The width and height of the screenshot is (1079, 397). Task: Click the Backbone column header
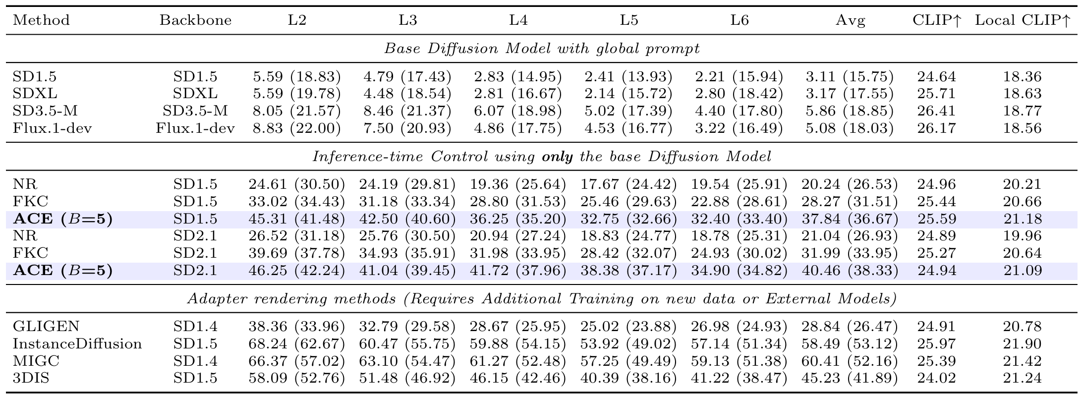coord(195,20)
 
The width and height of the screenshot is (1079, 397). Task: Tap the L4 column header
coord(518,20)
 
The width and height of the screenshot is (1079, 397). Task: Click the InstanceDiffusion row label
coord(77,344)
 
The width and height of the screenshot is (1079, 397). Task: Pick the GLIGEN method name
coord(46,327)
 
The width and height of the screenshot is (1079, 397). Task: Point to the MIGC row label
coord(36,361)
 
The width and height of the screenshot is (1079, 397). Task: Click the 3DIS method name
coord(31,379)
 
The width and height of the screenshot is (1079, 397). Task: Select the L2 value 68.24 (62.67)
coord(296,344)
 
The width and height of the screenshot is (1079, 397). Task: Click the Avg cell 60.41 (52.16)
coord(850,361)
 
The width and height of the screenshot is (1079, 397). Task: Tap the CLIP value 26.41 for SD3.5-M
coord(936,111)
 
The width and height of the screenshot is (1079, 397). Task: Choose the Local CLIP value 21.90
coord(1022,344)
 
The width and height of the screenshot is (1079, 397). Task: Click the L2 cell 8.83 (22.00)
coord(296,128)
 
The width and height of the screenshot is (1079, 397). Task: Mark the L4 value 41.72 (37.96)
coord(518,271)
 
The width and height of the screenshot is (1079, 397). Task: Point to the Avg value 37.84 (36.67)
coord(850,219)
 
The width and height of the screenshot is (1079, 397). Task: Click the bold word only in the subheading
coord(558,157)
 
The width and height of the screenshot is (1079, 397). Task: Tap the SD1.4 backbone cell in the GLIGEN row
coord(195,327)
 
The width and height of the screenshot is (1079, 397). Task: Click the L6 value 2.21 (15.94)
coord(739,77)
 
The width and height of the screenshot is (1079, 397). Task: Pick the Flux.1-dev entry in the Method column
coord(53,128)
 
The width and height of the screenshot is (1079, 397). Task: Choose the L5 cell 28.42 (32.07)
coord(628,253)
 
